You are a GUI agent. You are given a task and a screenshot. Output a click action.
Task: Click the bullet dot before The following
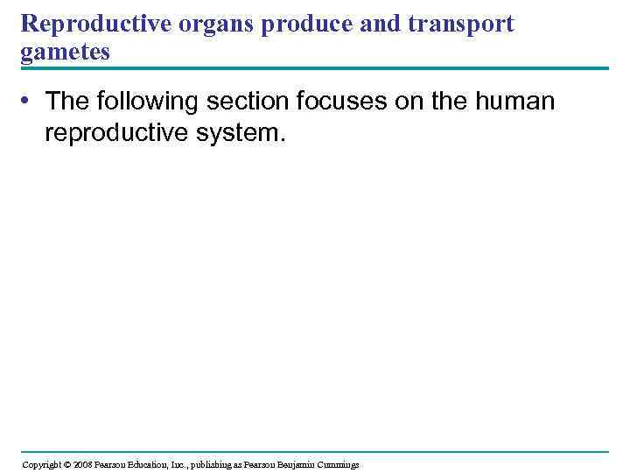(x=29, y=102)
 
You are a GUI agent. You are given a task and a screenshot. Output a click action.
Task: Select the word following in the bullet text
(x=150, y=102)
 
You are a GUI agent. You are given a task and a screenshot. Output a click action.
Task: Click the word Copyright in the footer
(x=41, y=464)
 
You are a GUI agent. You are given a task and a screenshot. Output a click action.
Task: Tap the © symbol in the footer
(x=68, y=464)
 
